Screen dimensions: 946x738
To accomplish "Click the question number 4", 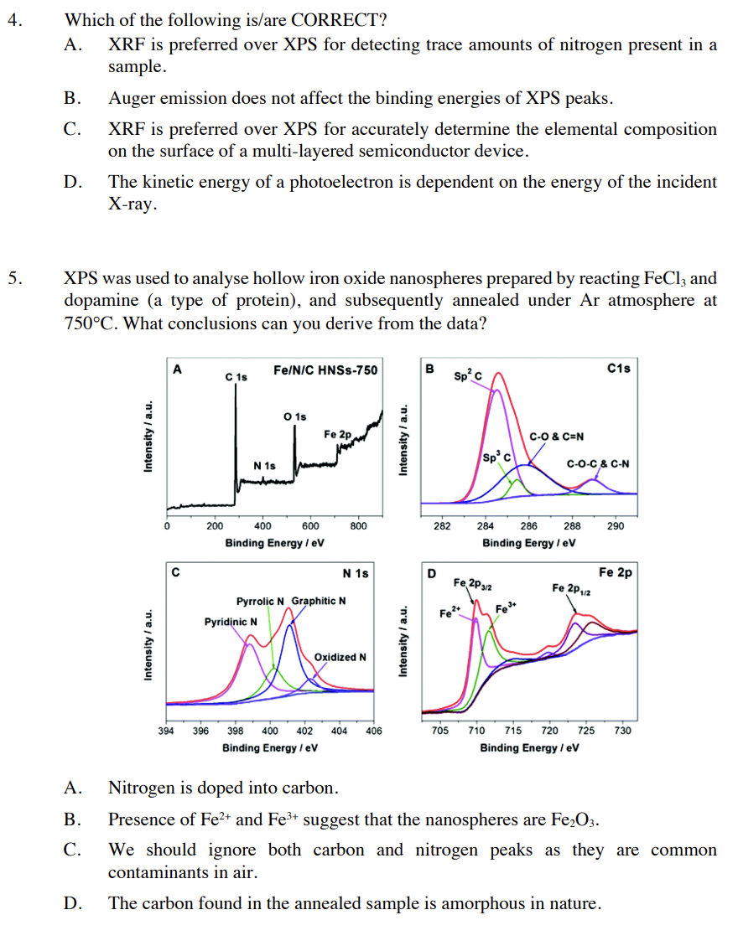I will (x=13, y=20).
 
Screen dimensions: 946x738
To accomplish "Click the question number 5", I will (x=13, y=278).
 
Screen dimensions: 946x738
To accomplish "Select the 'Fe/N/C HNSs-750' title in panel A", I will (x=325, y=370).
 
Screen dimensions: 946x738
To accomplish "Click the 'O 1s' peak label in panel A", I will (x=295, y=416).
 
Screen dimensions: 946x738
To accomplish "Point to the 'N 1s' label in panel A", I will (x=265, y=465).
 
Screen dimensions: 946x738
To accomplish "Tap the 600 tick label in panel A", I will (x=310, y=526).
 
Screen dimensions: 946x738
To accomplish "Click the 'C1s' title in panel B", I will (x=618, y=368).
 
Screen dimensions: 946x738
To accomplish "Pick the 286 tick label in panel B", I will (x=529, y=526).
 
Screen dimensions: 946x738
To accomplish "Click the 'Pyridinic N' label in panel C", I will (x=231, y=622).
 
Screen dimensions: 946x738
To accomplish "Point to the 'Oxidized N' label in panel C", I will (x=340, y=657).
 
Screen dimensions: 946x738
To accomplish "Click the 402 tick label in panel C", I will (x=305, y=731).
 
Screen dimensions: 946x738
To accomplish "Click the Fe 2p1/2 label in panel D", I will (x=572, y=587).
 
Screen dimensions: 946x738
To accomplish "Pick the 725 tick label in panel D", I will (x=586, y=731).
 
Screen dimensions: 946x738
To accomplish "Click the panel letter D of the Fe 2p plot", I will (x=432, y=574).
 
